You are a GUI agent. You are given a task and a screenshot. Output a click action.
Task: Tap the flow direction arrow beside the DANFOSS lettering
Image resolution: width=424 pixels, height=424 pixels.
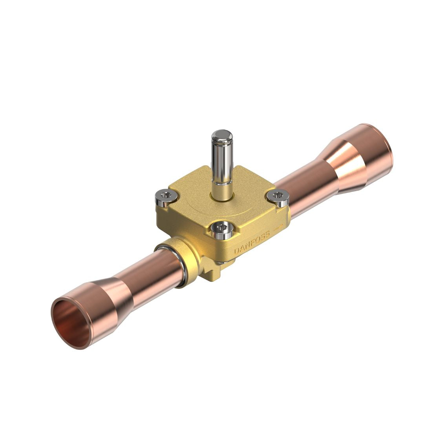pos(278,227)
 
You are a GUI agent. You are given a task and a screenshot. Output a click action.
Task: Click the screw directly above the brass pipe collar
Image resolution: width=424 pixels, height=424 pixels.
pos(166,197)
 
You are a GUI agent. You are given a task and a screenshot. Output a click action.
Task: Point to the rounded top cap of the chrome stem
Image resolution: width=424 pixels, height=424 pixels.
pos(222,135)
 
